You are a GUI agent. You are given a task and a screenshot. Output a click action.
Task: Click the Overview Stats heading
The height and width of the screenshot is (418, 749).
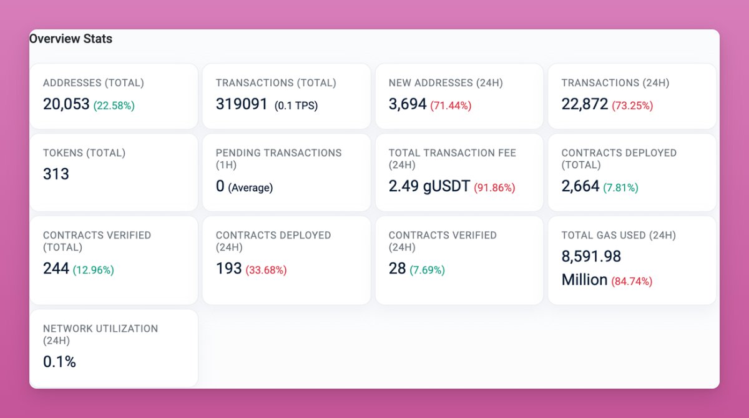[x=71, y=39]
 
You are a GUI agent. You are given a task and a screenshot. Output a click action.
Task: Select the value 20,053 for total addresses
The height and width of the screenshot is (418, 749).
[x=66, y=104]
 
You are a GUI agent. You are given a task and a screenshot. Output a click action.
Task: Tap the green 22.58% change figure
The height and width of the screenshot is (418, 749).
[x=114, y=106]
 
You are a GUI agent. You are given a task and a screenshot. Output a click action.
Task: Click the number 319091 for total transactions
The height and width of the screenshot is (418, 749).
[x=242, y=104]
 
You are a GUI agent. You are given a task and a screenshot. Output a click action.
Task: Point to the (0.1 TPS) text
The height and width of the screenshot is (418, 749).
[x=296, y=106]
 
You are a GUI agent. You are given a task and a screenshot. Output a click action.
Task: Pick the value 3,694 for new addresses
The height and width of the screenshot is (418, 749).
[x=407, y=104]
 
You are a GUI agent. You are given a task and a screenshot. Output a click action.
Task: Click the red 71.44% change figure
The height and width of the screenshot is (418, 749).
[x=451, y=106]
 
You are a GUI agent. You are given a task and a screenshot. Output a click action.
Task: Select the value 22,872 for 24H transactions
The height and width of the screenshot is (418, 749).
[x=584, y=104]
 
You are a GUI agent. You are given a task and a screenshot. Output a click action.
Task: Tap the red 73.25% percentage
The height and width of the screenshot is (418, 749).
[x=632, y=106]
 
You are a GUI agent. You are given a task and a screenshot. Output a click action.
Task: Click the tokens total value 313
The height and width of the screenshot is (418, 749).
[x=56, y=174]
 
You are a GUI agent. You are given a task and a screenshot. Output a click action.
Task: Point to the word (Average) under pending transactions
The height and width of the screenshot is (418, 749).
[x=250, y=187]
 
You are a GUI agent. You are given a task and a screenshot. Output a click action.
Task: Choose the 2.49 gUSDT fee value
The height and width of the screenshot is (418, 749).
[x=429, y=186]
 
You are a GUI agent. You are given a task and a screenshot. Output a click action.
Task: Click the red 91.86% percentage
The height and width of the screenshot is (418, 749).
[x=494, y=187]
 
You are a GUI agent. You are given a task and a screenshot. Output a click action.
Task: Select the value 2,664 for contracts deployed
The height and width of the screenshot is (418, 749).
[x=580, y=186]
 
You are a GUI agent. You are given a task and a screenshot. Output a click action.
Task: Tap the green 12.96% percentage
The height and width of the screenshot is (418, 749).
[x=94, y=271]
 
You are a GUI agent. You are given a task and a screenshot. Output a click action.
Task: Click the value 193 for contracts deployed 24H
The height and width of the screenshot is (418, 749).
[x=228, y=269]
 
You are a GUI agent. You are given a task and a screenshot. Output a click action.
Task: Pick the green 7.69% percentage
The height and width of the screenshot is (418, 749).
[x=427, y=271]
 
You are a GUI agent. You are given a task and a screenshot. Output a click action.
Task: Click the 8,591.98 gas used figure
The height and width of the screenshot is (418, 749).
[x=591, y=257]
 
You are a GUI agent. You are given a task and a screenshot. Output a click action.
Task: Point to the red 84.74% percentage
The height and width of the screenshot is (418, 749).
[x=632, y=281]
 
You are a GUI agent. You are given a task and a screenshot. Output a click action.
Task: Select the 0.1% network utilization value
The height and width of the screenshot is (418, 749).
[x=59, y=362]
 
